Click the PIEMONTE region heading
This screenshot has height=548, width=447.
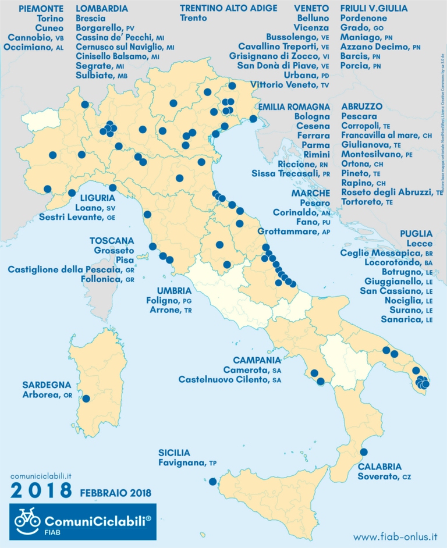pos(41,9)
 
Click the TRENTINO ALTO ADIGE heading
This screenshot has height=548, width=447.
pos(228,9)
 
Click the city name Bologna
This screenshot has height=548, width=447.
pos(313,117)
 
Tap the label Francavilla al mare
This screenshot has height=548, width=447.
pos(386,136)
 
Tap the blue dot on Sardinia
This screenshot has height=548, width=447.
pos(87,399)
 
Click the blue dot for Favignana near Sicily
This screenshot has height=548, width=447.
pos(212,481)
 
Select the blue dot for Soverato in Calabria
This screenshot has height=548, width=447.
pos(364,452)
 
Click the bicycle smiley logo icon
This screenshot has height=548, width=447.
pos(27,517)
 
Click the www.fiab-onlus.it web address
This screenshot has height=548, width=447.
pos(395,536)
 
